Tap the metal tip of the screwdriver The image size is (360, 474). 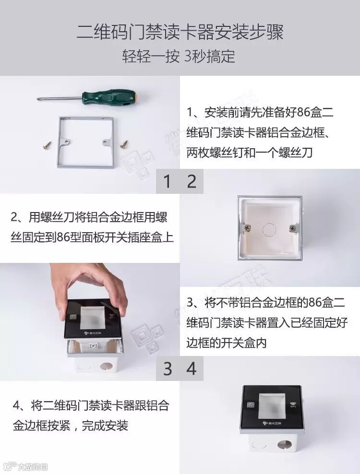[x=39, y=98]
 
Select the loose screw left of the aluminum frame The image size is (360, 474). [x=47, y=145]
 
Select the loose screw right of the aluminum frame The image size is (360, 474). [x=124, y=144]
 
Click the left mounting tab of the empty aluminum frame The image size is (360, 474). [x=65, y=142]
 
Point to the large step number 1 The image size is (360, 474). [x=167, y=182]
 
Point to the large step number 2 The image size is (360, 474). [x=192, y=182]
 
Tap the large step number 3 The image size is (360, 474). [x=168, y=369]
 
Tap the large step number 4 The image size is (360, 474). [x=192, y=369]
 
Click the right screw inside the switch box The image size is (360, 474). [x=292, y=228]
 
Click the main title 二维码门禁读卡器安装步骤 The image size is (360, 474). [x=180, y=32]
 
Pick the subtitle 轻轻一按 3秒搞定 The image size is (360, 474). [x=179, y=56]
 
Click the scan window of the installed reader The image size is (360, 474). [x=272, y=406]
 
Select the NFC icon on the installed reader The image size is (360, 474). [x=293, y=405]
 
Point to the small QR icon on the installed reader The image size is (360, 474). [x=251, y=405]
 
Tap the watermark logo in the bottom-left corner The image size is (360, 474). [x=24, y=466]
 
